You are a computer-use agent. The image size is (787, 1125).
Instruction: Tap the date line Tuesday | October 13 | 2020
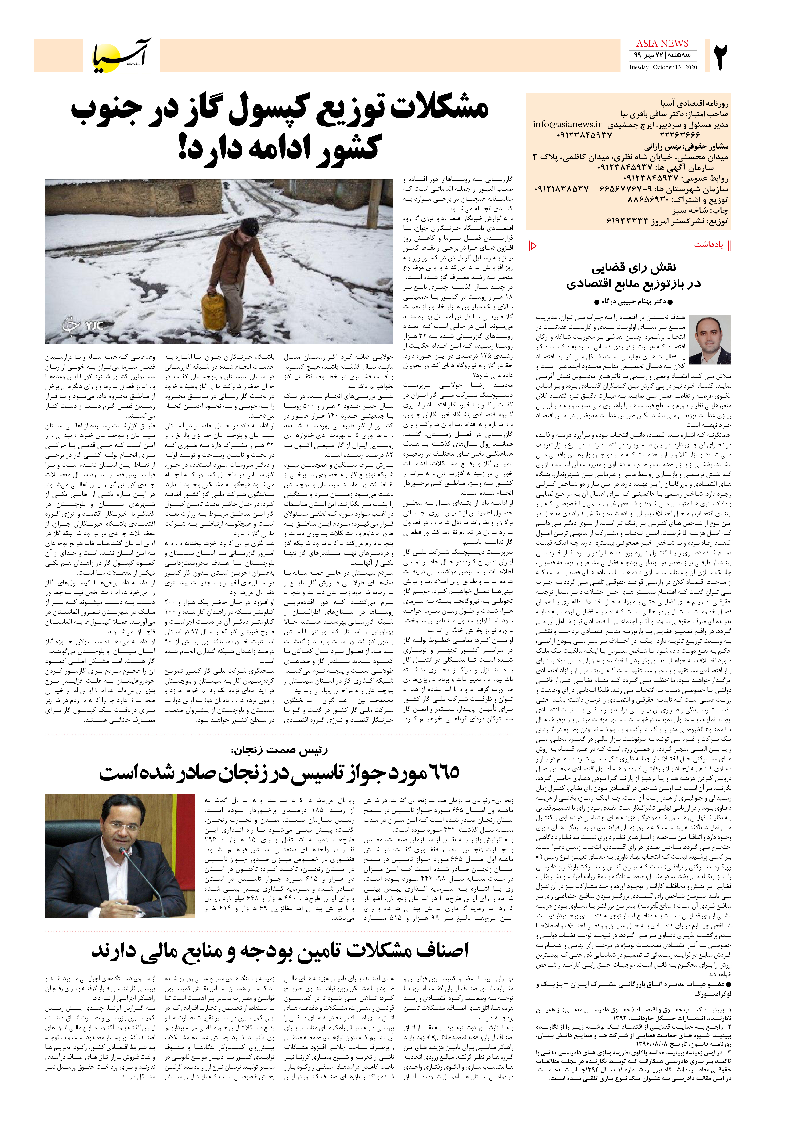point(663,67)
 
